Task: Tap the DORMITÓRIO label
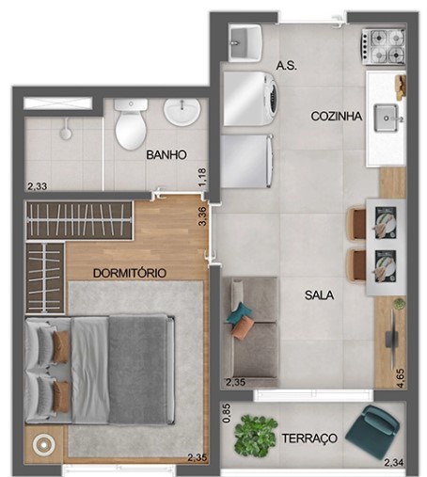pyautogui.click(x=130, y=273)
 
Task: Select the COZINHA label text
pyautogui.click(x=338, y=116)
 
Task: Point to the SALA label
pyautogui.click(x=319, y=294)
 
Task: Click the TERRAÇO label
pyautogui.click(x=308, y=438)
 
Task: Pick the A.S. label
pyautogui.click(x=287, y=65)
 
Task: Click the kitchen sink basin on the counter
pyautogui.click(x=387, y=118)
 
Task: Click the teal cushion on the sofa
pyautogui.click(x=241, y=314)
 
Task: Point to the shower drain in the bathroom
pyautogui.click(x=66, y=134)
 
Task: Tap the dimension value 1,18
pyautogui.click(x=202, y=175)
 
